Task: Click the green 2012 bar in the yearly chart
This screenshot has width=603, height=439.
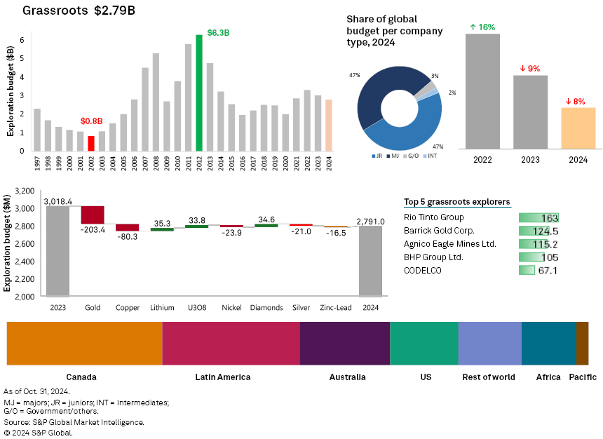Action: (x=199, y=93)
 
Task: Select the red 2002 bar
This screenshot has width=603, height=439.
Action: (x=91, y=143)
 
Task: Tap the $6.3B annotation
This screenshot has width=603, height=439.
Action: (x=219, y=33)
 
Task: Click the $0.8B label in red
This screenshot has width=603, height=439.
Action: (x=91, y=121)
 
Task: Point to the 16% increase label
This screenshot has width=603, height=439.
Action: (x=482, y=27)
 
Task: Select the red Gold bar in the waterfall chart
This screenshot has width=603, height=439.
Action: (x=93, y=215)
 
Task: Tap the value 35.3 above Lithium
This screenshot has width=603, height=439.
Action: (x=162, y=224)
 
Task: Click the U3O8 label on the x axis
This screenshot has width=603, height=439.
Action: (x=196, y=307)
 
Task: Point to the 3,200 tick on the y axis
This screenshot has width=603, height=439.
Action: (x=25, y=191)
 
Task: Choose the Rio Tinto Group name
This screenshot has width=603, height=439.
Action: (x=434, y=217)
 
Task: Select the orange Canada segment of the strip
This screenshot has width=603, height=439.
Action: (x=84, y=344)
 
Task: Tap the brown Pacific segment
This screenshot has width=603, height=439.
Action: (x=582, y=344)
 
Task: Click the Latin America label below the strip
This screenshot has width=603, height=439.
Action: (x=223, y=377)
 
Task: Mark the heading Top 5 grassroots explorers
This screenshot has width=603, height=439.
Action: (x=457, y=202)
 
